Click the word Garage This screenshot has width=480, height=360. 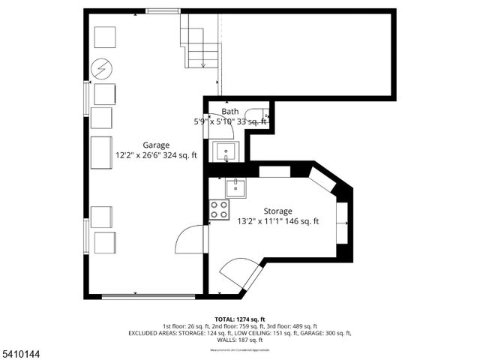(157, 145)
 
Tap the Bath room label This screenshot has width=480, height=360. (229, 112)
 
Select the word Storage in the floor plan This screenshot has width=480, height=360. (277, 211)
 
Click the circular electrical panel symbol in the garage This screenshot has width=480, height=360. (100, 70)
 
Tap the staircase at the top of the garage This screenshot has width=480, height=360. (199, 45)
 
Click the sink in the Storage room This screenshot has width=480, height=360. (235, 186)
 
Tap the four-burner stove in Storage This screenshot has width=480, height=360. (220, 210)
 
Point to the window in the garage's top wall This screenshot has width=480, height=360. (162, 11)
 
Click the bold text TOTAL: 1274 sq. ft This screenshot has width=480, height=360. (239, 319)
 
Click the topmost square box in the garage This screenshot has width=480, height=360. (105, 37)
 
